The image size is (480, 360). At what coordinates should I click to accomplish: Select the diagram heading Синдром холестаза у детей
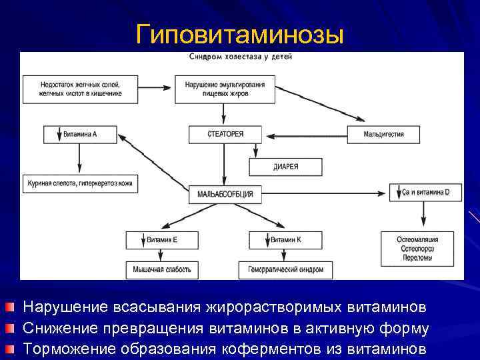(241, 57)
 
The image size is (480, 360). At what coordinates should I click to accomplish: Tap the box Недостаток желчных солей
(81, 89)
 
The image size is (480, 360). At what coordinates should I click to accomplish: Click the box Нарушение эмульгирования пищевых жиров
(225, 89)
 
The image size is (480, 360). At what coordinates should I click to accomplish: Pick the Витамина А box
(80, 134)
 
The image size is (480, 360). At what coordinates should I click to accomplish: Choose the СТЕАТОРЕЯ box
(225, 134)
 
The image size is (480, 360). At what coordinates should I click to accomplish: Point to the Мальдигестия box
(383, 134)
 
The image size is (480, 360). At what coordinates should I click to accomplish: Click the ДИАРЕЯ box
(285, 167)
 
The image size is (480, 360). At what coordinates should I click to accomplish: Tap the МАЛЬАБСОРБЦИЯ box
(225, 194)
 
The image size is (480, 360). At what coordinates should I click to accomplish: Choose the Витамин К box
(285, 239)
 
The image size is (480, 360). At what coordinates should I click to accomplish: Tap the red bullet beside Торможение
(8, 349)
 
